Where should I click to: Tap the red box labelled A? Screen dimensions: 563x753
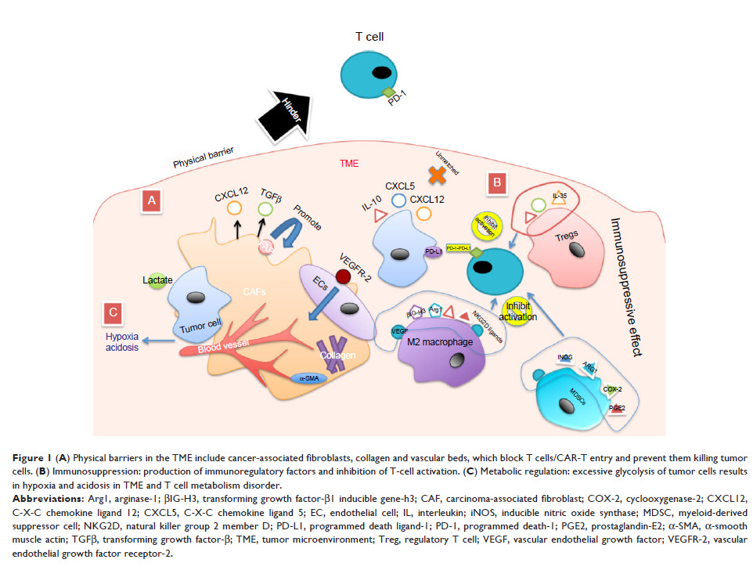[151, 201]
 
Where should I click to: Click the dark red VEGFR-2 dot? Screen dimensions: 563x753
[341, 276]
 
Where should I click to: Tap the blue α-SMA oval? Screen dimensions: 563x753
[308, 378]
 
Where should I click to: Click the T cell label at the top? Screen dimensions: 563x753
[369, 36]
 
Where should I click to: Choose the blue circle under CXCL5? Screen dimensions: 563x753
[398, 200]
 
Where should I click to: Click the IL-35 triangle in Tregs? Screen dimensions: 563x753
[559, 200]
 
